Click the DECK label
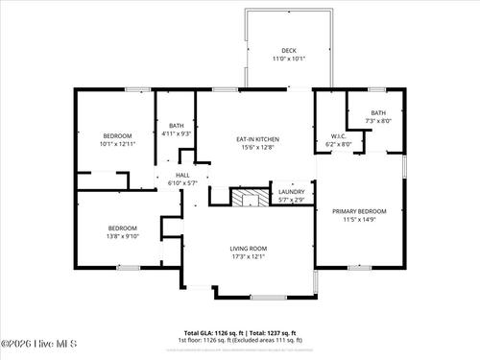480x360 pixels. [289, 51]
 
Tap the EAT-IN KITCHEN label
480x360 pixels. [256, 139]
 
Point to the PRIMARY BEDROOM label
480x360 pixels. [359, 210]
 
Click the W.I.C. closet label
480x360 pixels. [338, 136]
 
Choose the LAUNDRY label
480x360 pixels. [292, 191]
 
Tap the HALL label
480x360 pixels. [181, 175]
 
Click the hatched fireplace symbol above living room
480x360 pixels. [252, 197]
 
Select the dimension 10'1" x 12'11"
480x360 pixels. [117, 144]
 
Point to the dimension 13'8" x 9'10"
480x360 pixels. [123, 236]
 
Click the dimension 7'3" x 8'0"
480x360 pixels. [379, 121]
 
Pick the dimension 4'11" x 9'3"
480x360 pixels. [177, 133]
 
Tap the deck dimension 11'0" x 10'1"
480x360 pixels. [289, 60]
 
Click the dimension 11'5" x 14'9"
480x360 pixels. [359, 219]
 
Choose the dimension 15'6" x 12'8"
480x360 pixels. [256, 148]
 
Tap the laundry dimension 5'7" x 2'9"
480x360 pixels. [292, 199]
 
